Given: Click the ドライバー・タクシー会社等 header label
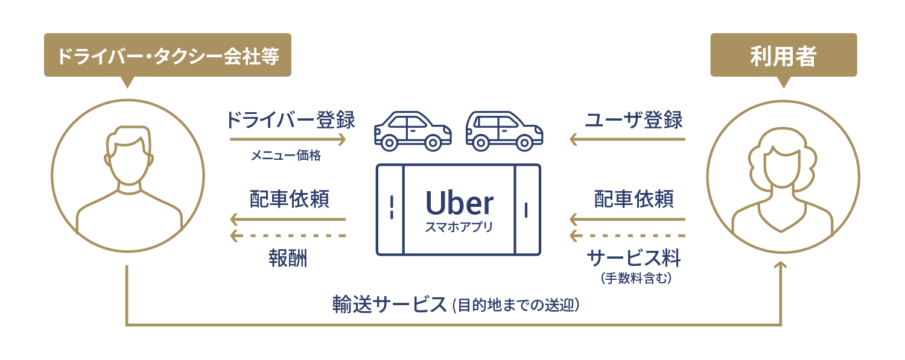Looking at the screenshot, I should [x=167, y=57].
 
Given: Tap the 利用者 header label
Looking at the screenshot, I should [x=783, y=57].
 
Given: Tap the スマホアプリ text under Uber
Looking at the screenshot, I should [x=459, y=228].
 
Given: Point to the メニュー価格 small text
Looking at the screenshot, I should [x=286, y=156].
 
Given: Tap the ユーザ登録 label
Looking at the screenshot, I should [x=634, y=120].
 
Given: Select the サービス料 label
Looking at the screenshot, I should [x=634, y=259].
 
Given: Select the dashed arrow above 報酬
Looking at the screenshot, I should [x=288, y=235].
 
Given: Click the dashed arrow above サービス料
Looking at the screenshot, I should [x=627, y=235].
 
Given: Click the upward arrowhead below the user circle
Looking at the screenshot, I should [x=782, y=267].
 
